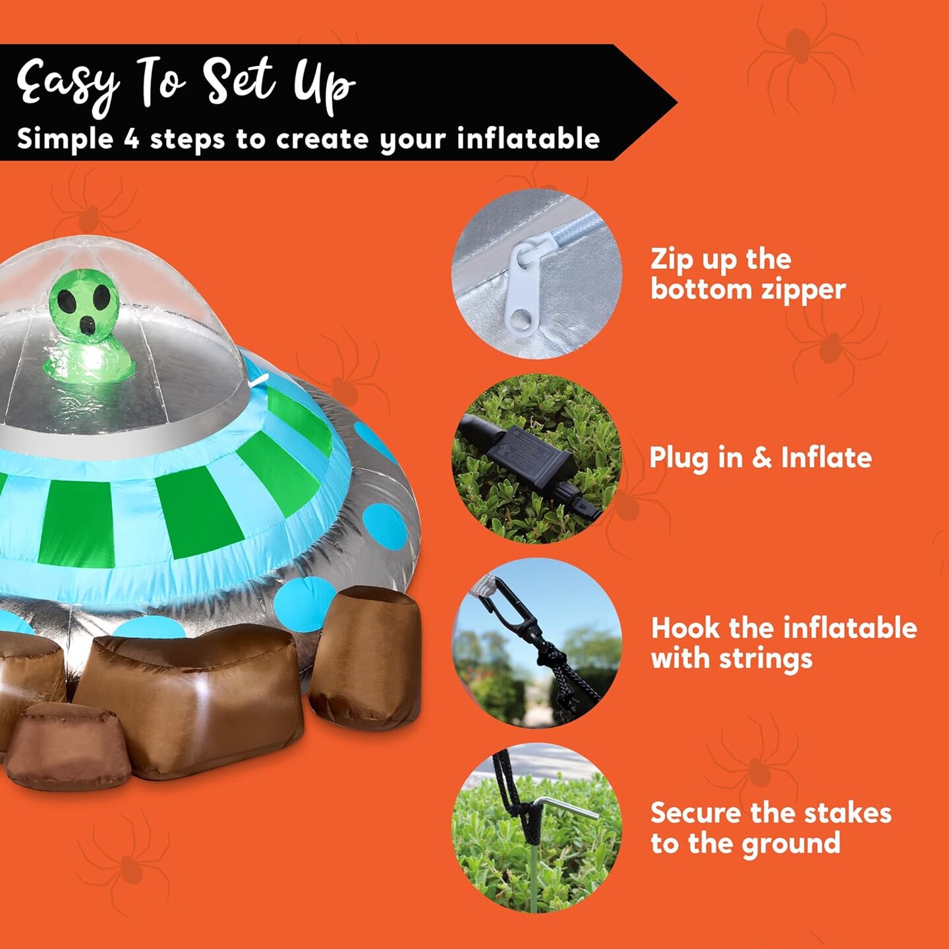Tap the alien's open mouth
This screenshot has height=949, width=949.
[x=87, y=324]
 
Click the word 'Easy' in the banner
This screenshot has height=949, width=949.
[x=66, y=84]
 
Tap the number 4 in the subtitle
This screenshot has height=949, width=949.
[x=131, y=139]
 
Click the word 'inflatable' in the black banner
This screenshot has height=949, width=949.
[x=528, y=139]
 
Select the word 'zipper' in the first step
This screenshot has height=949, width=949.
[x=803, y=290]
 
